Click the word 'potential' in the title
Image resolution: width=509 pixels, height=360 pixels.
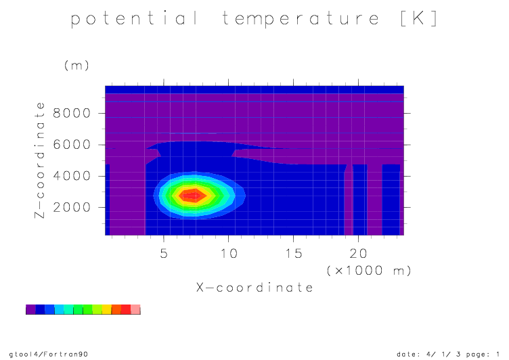point(134,18)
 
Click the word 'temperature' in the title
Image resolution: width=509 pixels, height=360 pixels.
point(301,19)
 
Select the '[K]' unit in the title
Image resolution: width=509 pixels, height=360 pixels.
point(419,18)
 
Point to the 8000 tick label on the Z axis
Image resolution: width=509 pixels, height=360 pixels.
point(72,113)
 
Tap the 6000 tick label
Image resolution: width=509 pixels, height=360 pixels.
point(72,145)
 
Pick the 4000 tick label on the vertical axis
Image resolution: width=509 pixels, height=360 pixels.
point(72,176)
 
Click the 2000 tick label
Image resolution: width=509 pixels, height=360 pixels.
point(72,207)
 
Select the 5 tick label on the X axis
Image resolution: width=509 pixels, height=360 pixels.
point(164,253)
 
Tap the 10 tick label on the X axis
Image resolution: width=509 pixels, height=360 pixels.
point(229,253)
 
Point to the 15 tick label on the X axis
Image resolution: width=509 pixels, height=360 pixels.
point(294,253)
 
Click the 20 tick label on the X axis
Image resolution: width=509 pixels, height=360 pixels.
point(358,253)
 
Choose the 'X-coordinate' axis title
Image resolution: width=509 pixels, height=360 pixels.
point(255,288)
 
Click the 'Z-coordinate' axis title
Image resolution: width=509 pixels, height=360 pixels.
point(40,160)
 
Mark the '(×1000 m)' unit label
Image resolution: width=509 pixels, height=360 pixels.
point(369,271)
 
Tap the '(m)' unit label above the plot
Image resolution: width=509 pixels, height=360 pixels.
point(76,66)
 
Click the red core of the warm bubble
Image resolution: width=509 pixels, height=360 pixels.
point(194,196)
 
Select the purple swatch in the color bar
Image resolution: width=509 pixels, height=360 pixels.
point(30,309)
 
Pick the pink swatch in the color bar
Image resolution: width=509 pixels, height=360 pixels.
point(135,309)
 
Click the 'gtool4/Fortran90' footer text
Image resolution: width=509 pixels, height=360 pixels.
point(49,354)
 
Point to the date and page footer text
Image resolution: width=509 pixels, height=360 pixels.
point(448,354)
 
